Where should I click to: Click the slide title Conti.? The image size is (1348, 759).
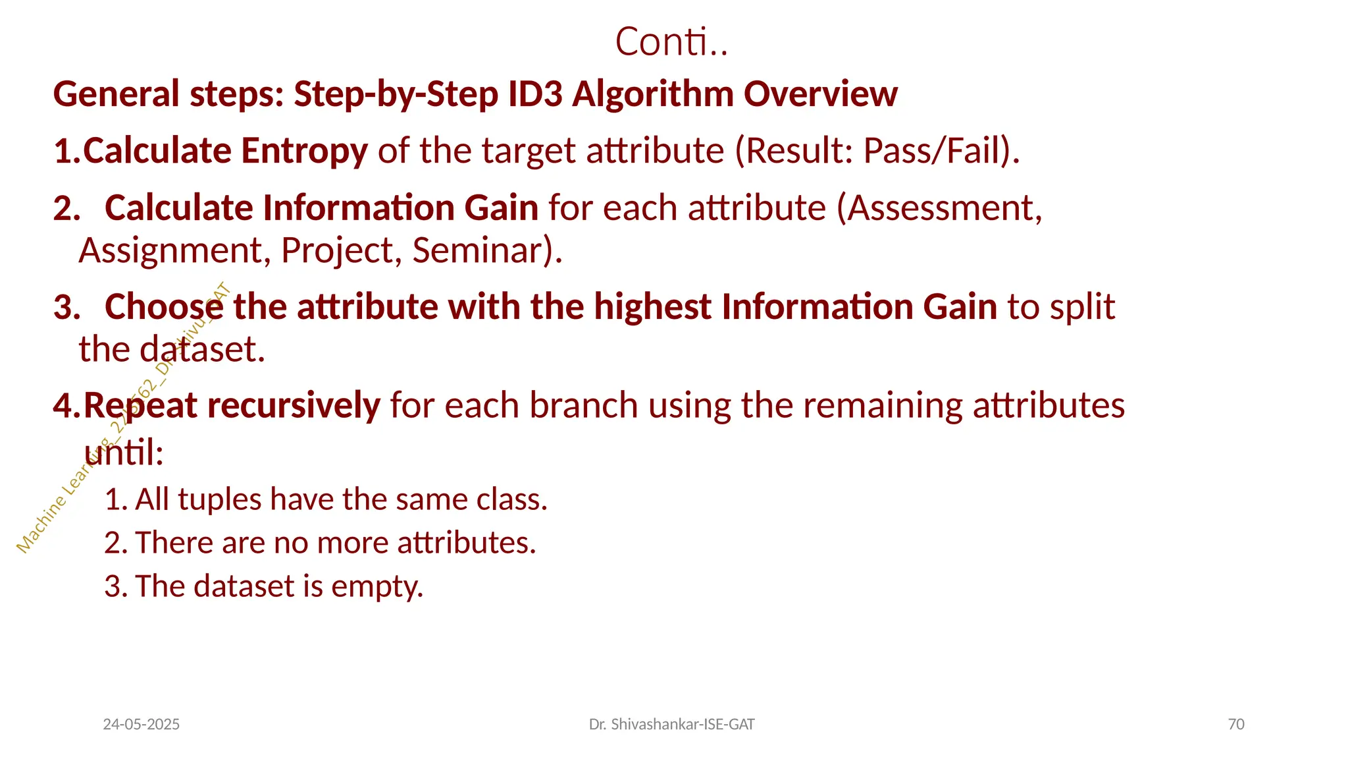(671, 42)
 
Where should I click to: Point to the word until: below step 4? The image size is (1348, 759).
(124, 453)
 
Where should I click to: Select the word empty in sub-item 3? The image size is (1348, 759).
(376, 586)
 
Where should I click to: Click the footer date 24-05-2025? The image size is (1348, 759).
(142, 725)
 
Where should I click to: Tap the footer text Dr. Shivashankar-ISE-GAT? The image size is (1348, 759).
(671, 725)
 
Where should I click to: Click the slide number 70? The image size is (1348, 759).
(1236, 725)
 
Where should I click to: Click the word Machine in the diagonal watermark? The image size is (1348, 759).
(41, 525)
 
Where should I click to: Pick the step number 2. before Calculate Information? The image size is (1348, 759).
(66, 209)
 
